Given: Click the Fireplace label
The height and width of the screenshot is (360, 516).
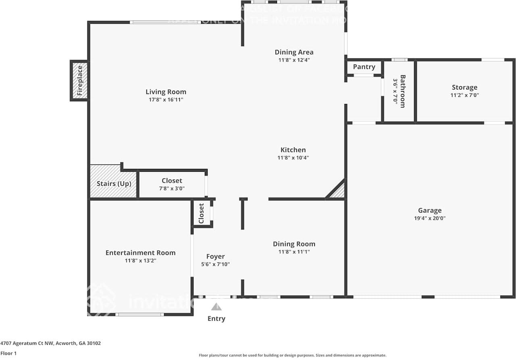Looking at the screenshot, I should (x=80, y=81).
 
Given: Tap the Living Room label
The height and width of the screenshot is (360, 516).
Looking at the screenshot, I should (x=166, y=92).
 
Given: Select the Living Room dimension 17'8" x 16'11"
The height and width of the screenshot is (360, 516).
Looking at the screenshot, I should (x=166, y=100).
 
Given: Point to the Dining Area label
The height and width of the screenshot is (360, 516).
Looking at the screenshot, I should (x=294, y=52).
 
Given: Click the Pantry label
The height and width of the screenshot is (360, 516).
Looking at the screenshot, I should (x=364, y=67).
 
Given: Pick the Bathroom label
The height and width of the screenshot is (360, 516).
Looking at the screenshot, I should (x=402, y=91).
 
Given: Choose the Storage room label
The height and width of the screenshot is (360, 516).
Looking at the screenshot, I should (x=464, y=87).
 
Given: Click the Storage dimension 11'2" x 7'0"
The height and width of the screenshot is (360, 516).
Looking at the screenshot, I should (x=464, y=96).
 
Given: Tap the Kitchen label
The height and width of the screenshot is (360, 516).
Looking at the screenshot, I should (x=293, y=150).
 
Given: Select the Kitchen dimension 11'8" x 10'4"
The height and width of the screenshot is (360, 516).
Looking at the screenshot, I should (x=293, y=158).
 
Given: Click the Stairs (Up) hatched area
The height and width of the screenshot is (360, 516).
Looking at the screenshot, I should (x=113, y=183).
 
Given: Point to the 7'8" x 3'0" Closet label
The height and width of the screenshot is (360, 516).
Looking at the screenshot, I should (x=172, y=181).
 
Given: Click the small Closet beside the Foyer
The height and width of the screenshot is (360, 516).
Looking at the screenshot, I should (x=201, y=213).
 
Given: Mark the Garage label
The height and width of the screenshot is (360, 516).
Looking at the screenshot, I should (x=430, y=210).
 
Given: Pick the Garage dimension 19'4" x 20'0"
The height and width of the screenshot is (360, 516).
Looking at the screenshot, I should (x=430, y=218).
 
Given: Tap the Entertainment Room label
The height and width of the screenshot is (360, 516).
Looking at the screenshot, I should (x=140, y=253).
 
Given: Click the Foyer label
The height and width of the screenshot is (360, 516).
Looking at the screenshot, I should (x=215, y=256).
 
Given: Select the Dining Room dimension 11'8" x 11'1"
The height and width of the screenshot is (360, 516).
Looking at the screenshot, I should (x=294, y=252).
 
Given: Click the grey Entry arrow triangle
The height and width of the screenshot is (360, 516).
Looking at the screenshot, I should (x=216, y=307).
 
